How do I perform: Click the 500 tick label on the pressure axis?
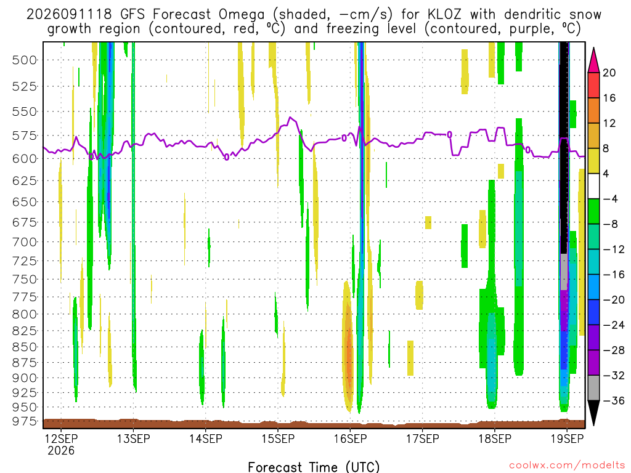(24, 60)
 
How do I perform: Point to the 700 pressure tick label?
(24, 242)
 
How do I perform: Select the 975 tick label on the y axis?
(24, 421)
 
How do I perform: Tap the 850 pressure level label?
(24, 347)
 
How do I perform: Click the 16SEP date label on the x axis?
(350, 439)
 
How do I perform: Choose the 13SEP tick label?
(133, 439)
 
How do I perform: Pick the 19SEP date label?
(567, 439)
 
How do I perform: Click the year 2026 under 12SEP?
(61, 450)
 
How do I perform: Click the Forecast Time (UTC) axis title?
(314, 467)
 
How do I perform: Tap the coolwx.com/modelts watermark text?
(567, 466)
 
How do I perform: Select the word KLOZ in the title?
(444, 15)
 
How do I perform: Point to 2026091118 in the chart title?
(69, 15)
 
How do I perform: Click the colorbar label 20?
(609, 73)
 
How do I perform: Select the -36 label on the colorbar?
(613, 400)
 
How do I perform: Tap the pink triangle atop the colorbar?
(593, 61)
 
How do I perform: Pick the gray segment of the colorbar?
(593, 388)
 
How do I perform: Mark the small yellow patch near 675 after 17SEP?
(428, 222)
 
